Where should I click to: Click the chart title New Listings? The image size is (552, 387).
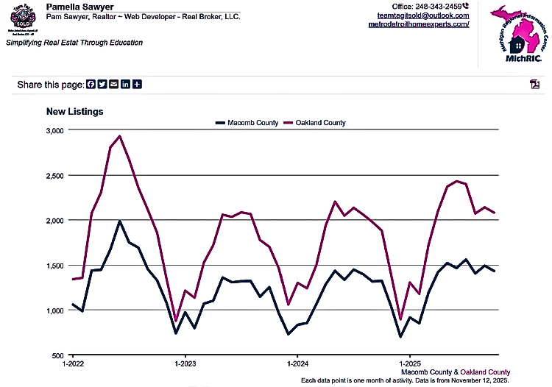click(74, 112)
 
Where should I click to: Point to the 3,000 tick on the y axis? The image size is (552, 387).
click(55, 130)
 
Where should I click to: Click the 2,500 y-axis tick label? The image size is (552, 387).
click(55, 175)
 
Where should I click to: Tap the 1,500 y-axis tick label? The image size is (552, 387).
click(55, 266)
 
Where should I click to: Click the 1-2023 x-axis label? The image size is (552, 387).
click(185, 364)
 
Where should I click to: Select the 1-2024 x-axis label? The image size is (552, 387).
click(297, 364)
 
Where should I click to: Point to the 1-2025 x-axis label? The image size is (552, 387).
click(409, 364)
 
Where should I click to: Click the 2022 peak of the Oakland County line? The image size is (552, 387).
click(119, 136)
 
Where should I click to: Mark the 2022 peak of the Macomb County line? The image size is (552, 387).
click(120, 221)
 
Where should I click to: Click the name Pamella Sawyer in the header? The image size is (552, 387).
click(79, 7)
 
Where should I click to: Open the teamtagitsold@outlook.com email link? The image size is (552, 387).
click(422, 15)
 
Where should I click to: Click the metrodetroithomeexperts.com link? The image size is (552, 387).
click(418, 24)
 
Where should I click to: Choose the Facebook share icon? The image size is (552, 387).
click(91, 85)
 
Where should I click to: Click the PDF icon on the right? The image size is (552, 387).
click(535, 84)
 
